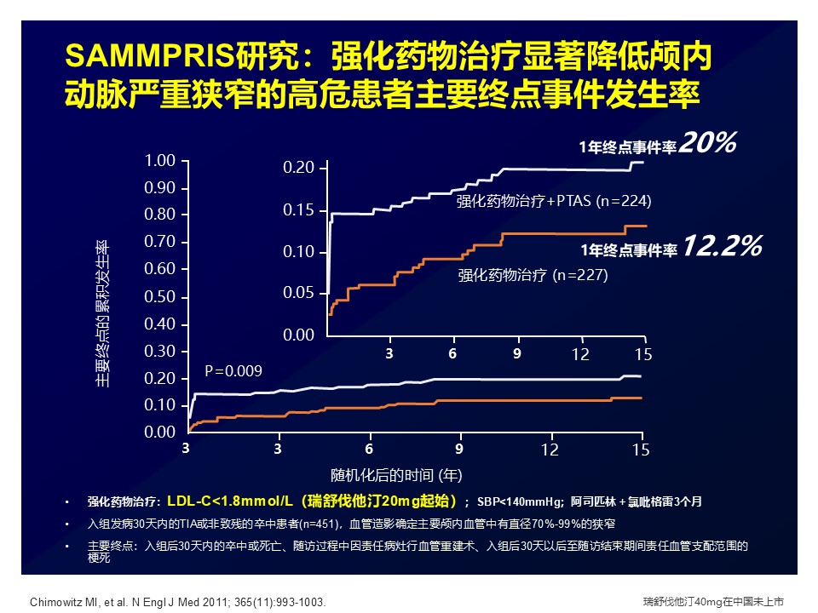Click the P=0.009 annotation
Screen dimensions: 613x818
pyautogui.click(x=233, y=370)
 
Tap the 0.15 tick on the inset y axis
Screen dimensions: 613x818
pyautogui.click(x=298, y=210)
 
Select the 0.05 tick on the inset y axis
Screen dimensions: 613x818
pyautogui.click(x=298, y=294)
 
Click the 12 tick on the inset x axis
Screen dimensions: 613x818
pyautogui.click(x=580, y=354)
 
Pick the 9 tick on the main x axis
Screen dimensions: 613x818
pyautogui.click(x=458, y=449)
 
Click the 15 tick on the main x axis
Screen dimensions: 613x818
pyautogui.click(x=642, y=449)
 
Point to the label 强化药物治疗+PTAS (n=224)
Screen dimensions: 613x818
pyautogui.click(x=554, y=202)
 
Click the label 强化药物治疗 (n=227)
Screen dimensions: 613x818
pyautogui.click(x=533, y=275)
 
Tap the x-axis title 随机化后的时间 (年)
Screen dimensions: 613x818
pyautogui.click(x=396, y=473)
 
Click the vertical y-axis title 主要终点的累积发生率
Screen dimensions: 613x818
pyautogui.click(x=102, y=313)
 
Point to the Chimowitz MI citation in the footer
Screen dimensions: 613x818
pyautogui.click(x=177, y=602)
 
